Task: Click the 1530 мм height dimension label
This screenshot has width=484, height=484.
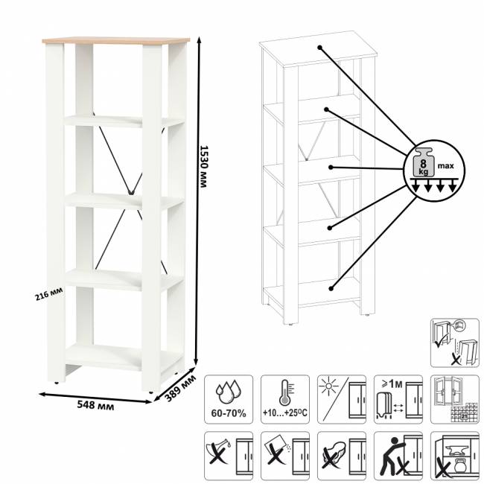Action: pyautogui.click(x=203, y=166)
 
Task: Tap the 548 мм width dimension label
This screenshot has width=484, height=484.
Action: pyautogui.click(x=95, y=404)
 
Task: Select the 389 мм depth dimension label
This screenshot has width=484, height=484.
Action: pyautogui.click(x=180, y=389)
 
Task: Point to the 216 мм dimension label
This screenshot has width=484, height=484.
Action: pyautogui.click(x=48, y=294)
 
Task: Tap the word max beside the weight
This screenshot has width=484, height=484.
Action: pyautogui.click(x=446, y=166)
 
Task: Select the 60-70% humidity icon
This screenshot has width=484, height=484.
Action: pyautogui.click(x=229, y=399)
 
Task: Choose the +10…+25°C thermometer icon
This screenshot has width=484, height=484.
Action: pyautogui.click(x=285, y=399)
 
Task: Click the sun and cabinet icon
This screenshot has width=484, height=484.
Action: pyautogui.click(x=342, y=399)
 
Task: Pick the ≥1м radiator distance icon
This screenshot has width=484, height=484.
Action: pyautogui.click(x=398, y=399)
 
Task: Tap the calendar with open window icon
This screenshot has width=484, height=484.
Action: pyautogui.click(x=455, y=399)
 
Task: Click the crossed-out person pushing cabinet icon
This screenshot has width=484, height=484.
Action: pyautogui.click(x=398, y=456)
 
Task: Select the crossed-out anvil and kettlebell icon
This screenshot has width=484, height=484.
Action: pyautogui.click(x=455, y=456)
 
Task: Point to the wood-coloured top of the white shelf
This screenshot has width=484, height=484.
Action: pyautogui.click(x=116, y=40)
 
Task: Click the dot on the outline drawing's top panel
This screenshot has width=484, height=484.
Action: pyautogui.click(x=319, y=48)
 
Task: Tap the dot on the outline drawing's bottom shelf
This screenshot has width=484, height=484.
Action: pyautogui.click(x=331, y=289)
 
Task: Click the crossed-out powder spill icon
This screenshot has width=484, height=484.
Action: pyautogui.click(x=285, y=456)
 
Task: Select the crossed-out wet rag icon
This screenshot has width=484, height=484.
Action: pyautogui.click(x=342, y=456)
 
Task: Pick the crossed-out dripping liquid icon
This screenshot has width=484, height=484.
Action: pyautogui.click(x=229, y=456)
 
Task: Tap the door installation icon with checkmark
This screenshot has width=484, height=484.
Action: pyautogui.click(x=455, y=343)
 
